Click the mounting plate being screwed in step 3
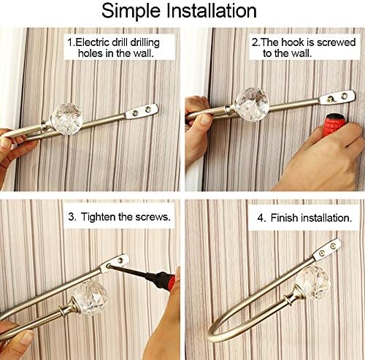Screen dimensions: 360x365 [115, 261]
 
